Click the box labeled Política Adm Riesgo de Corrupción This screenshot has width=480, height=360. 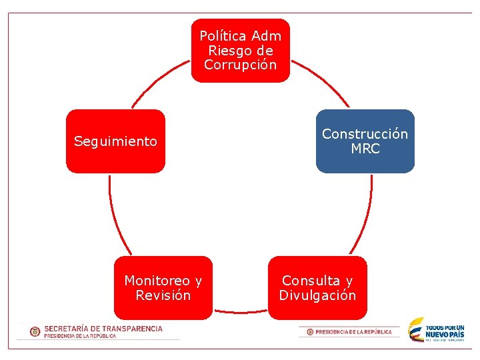coord(241,51)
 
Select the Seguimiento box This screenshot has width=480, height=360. coord(115,141)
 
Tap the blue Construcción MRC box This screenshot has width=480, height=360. coord(365,141)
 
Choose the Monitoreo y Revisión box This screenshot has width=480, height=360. coord(163,288)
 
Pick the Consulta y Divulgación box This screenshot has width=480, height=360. coord(317,288)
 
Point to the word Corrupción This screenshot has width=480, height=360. coord(241,65)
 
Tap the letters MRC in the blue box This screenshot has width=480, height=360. coord(365,149)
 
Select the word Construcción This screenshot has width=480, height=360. coord(365,134)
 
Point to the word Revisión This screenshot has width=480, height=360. coord(163,295)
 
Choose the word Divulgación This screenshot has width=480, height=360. coord(317,295)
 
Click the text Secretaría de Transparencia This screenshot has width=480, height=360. coord(103,329)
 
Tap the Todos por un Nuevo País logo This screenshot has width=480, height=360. coord(437,330)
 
